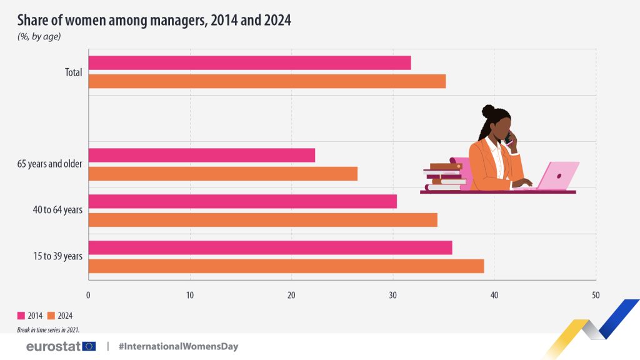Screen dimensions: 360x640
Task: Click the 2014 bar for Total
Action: (x=249, y=62)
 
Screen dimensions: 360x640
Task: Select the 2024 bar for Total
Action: (x=267, y=81)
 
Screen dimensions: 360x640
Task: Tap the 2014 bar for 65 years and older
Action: (x=201, y=155)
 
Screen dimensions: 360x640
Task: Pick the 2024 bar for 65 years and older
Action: (x=222, y=174)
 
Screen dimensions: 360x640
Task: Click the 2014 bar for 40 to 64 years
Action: (x=242, y=201)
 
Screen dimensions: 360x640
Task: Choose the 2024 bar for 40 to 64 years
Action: (x=262, y=220)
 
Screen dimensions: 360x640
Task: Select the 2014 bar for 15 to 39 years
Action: (x=270, y=247)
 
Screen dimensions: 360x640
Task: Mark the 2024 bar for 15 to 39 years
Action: (x=286, y=266)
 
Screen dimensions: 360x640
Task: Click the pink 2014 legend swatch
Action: (x=21, y=316)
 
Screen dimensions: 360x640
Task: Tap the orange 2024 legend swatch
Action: (x=51, y=316)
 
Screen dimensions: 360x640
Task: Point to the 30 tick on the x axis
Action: (x=393, y=295)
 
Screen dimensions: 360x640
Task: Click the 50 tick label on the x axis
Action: (x=595, y=295)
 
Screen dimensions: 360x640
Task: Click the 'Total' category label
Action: (x=73, y=72)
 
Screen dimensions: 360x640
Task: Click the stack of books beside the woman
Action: (x=444, y=176)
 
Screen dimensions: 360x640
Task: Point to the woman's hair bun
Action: (x=488, y=111)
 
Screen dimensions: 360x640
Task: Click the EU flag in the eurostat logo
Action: (x=89, y=346)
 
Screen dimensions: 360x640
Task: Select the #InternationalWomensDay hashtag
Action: (x=178, y=346)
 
